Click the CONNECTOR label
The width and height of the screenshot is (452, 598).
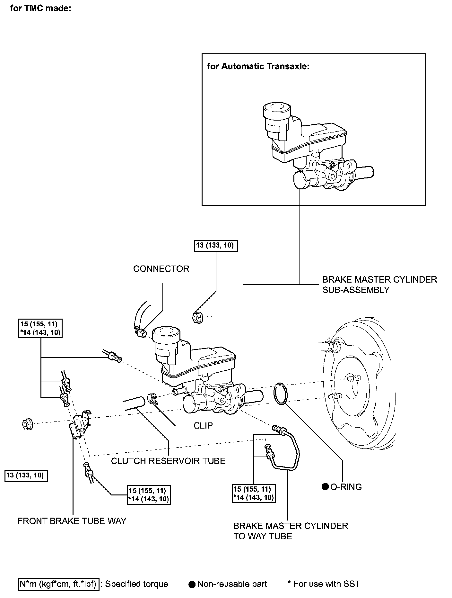tap(161, 269)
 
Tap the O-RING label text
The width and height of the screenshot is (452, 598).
tap(346, 487)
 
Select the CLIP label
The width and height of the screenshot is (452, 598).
tap(203, 426)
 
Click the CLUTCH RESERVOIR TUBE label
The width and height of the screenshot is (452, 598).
tap(168, 461)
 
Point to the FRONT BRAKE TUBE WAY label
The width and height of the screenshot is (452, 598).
tap(72, 521)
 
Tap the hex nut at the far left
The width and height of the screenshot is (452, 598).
tap(27, 424)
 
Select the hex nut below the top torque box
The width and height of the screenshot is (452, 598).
tap(197, 318)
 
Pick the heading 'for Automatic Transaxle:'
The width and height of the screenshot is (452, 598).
tap(258, 67)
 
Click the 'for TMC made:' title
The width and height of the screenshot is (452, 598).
tap(40, 9)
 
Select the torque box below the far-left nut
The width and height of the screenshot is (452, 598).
tap(26, 475)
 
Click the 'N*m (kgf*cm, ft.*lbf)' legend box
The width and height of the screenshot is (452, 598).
tap(59, 584)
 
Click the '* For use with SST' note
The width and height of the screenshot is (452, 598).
tap(324, 584)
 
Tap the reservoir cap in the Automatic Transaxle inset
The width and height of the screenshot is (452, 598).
tap(276, 111)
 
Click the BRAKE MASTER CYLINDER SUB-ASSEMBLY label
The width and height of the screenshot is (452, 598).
tap(379, 285)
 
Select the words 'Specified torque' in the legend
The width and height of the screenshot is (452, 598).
tap(136, 584)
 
